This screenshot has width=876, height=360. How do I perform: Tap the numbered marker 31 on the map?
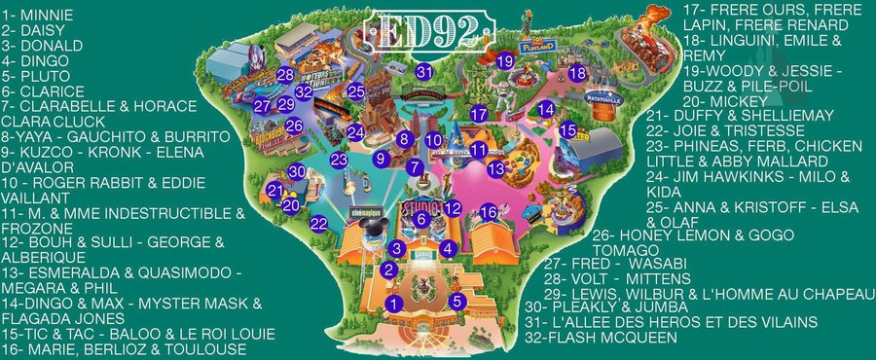coord(423,71)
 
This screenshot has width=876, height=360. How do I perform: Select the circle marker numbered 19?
coord(505,61)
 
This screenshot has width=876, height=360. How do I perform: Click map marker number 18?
coord(577,73)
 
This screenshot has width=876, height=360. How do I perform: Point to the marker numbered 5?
coord(456,302)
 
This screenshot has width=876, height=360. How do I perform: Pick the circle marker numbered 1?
coord(393,305)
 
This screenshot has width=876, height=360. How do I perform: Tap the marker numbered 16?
coord(489,212)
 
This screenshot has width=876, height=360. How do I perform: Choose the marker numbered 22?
coord(318,224)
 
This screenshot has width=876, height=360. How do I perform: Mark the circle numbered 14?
coord(546,109)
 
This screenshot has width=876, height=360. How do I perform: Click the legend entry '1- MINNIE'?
coord(43,15)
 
